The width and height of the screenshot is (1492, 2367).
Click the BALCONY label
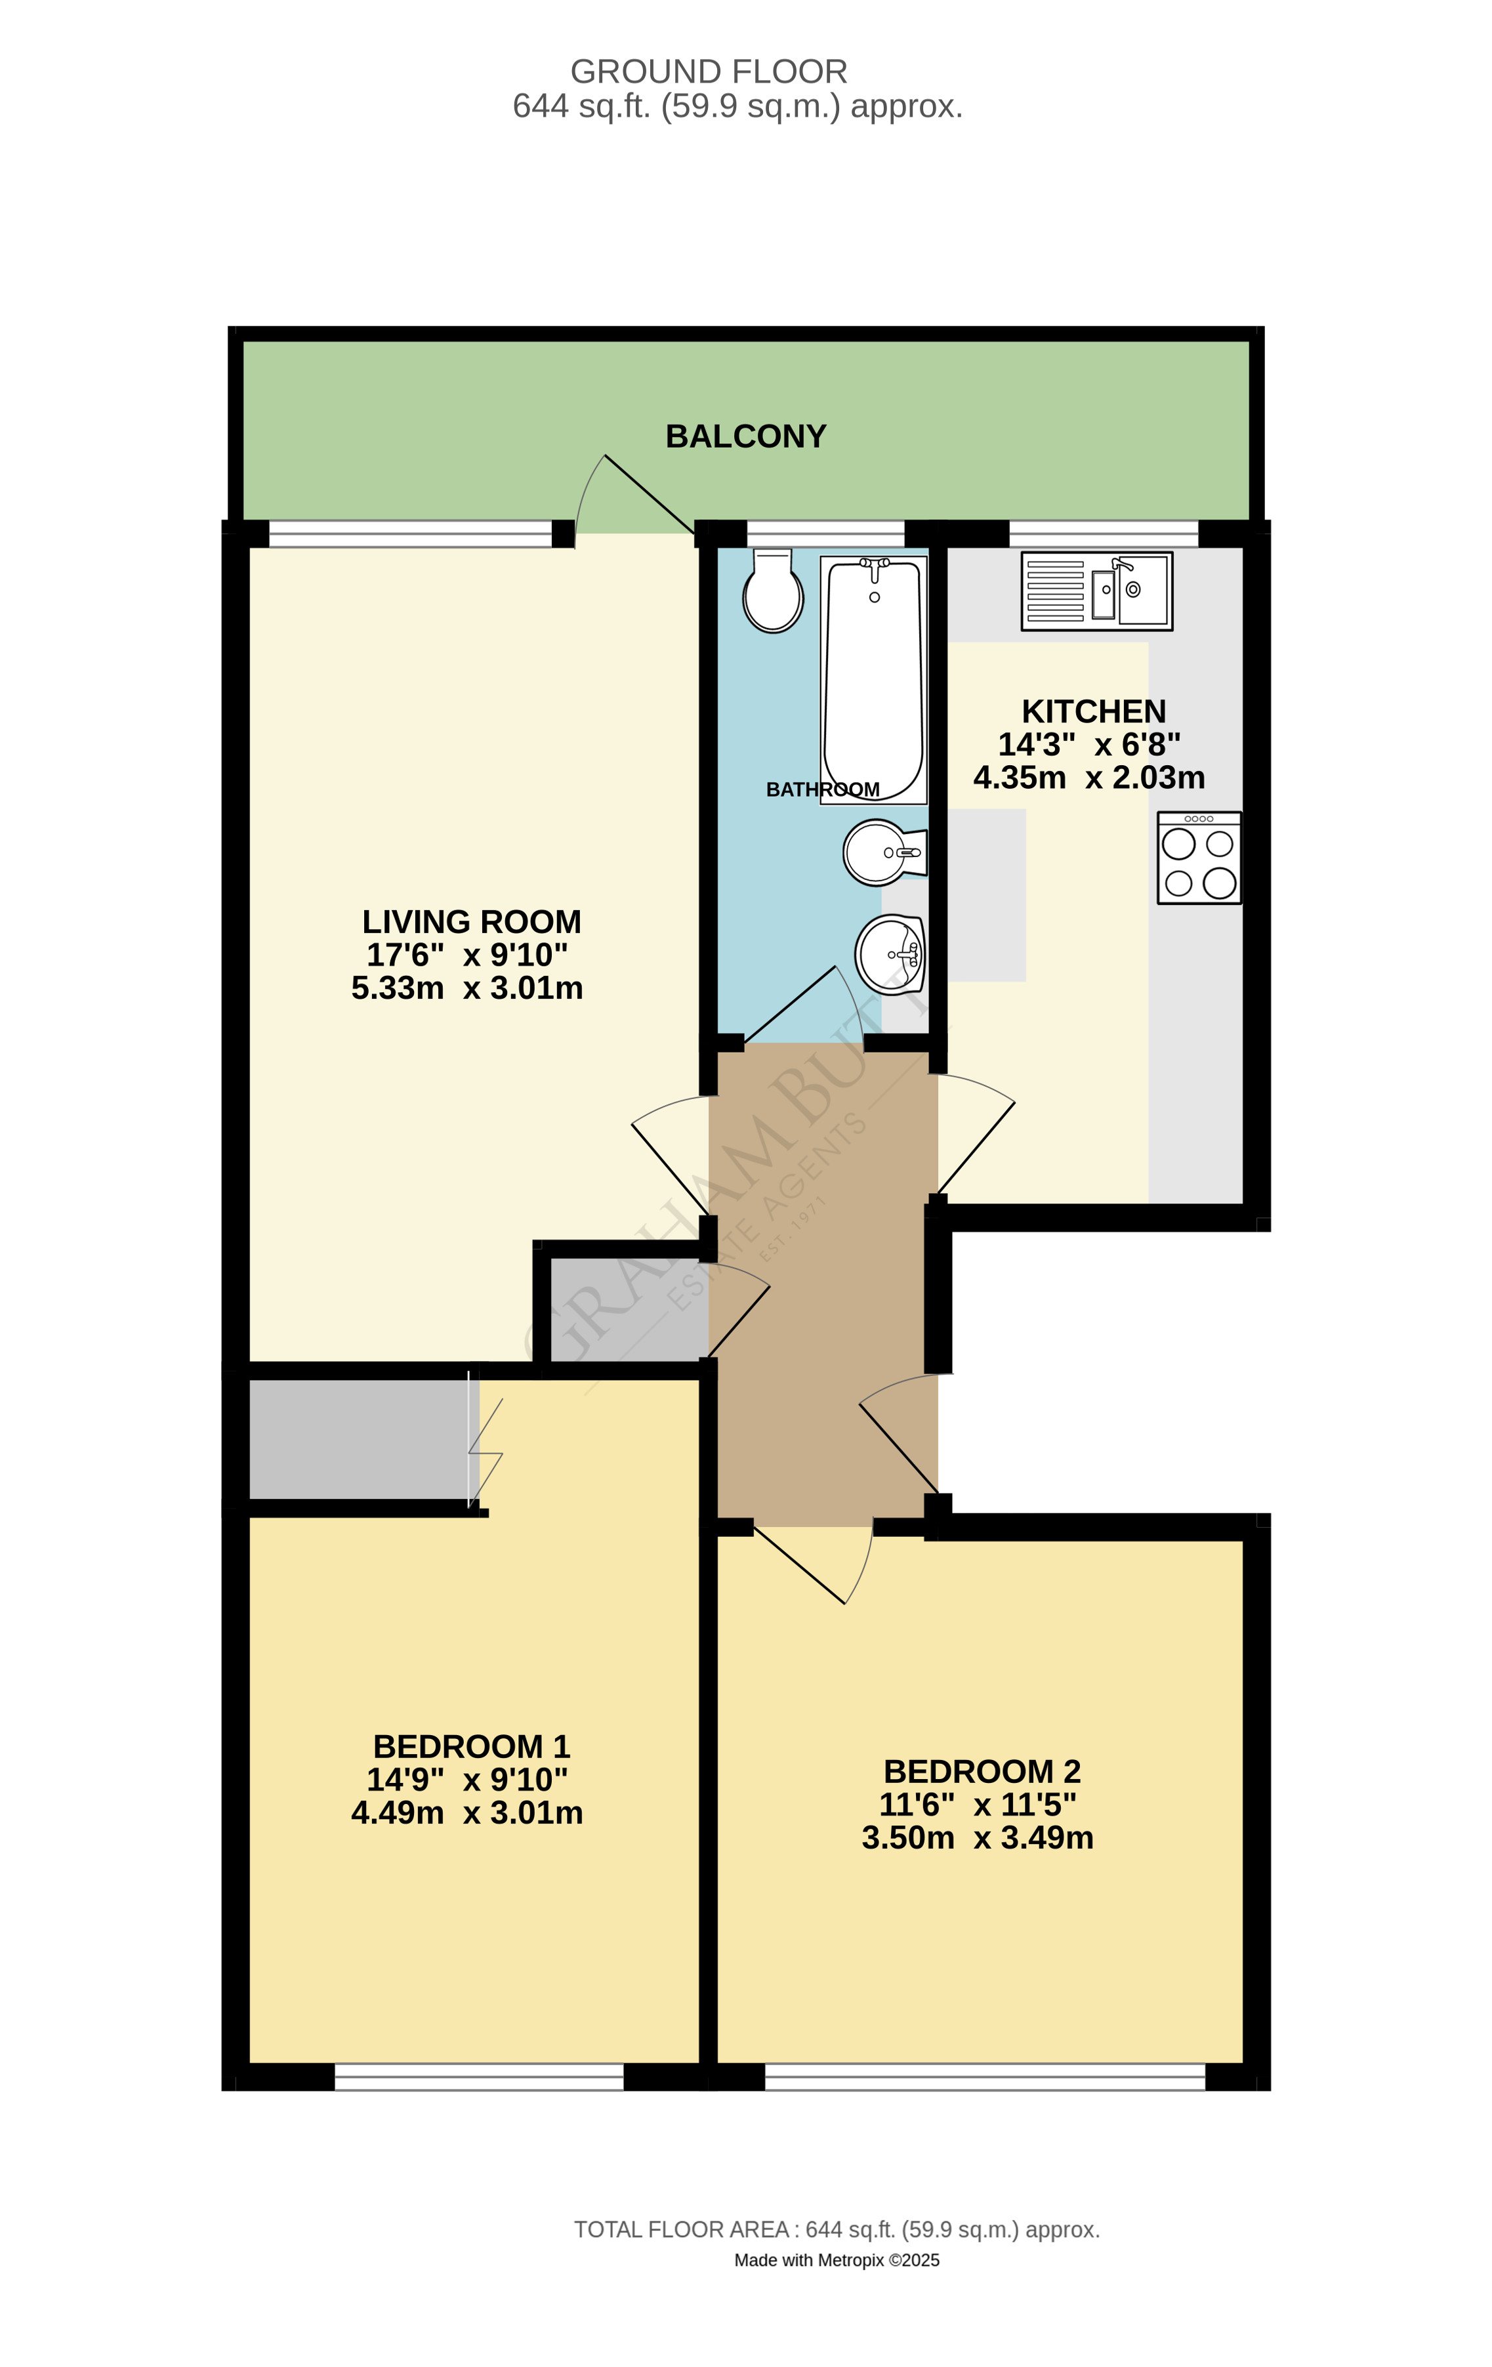click(x=745, y=436)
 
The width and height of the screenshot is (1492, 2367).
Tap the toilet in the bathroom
click(x=772, y=592)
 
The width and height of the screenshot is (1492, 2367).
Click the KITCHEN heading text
click(x=1093, y=711)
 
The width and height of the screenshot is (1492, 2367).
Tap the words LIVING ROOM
click(x=471, y=921)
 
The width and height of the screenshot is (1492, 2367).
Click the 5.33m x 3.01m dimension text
click(x=467, y=988)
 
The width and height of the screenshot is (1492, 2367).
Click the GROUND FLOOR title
click(x=708, y=72)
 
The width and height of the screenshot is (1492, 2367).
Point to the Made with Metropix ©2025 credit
click(x=837, y=2260)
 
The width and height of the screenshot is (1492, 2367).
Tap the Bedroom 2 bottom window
click(x=984, y=2076)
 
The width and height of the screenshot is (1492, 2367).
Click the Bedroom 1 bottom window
click(x=479, y=2076)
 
